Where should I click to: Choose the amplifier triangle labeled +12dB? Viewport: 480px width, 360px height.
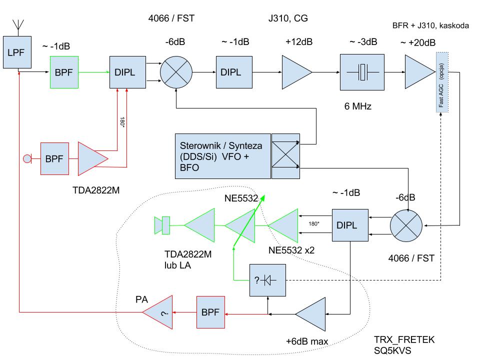pos(296,72)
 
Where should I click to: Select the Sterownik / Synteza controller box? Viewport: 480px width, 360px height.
pos(222,155)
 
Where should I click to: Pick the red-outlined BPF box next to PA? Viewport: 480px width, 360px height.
pos(210,312)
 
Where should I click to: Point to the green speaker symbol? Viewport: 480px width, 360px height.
pos(163,225)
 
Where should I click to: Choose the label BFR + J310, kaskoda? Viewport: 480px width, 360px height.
pos(430,25)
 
